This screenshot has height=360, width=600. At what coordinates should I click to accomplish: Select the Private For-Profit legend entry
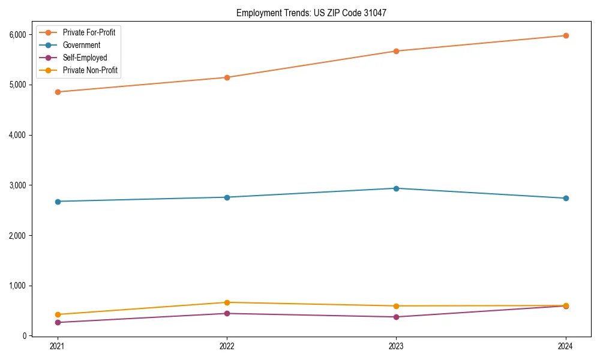pos(89,32)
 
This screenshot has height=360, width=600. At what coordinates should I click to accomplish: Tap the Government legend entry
pos(81,45)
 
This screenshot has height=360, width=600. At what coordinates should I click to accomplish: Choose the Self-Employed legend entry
pos(85,58)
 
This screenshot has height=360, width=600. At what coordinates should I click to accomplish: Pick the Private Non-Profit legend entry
pos(90,70)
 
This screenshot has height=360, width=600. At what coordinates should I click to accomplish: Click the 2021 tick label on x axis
pos(58,346)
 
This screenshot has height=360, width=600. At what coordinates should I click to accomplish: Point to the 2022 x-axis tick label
pos(227,346)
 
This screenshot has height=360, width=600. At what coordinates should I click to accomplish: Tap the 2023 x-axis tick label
pos(396,346)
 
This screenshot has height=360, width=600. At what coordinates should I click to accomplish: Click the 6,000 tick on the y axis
pos(17,35)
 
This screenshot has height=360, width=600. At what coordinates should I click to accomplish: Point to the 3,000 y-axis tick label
pos(17,185)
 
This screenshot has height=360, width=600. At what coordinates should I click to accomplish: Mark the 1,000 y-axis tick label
pos(17,286)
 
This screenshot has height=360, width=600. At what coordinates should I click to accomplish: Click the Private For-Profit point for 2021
pos(58,92)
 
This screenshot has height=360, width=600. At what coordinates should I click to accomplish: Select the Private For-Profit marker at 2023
pos(396,51)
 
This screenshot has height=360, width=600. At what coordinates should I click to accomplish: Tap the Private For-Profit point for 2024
pos(566,35)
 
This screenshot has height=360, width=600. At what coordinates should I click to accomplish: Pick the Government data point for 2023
pos(396,188)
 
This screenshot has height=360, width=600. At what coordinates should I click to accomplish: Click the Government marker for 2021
pos(58,202)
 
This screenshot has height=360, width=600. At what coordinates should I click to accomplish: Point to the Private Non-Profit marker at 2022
pos(227,302)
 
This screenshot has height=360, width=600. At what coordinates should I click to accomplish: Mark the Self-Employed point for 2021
pos(58,322)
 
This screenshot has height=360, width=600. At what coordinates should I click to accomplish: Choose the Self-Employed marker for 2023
pos(396,317)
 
